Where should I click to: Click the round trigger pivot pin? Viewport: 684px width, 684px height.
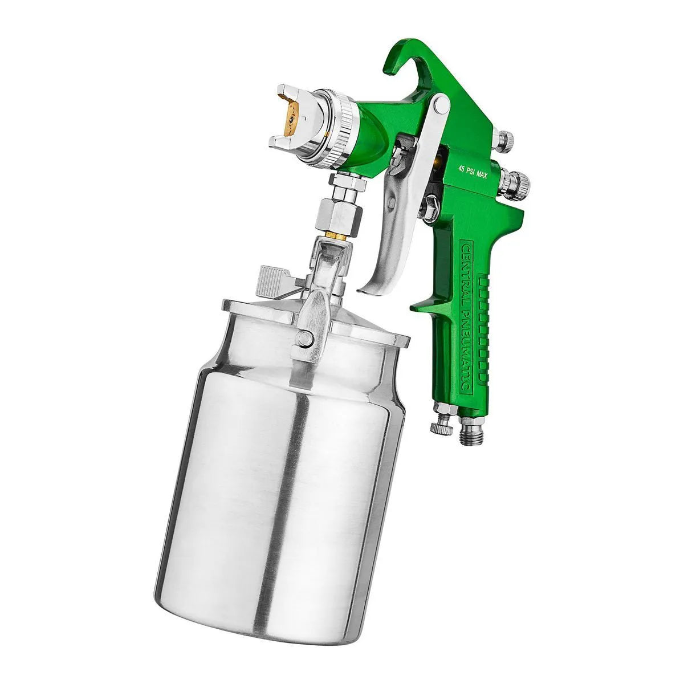pos(439,104)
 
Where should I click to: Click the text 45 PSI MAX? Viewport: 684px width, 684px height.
pos(473,167)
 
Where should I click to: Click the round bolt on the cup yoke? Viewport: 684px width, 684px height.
pos(306,340)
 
